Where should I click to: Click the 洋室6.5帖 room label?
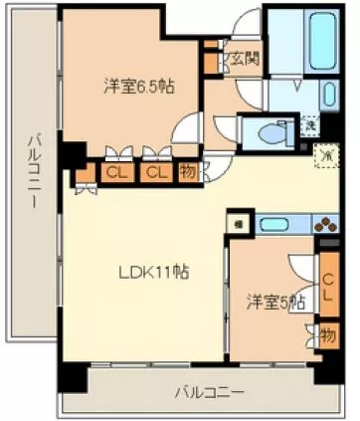(140, 86)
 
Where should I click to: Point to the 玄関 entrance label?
(245, 58)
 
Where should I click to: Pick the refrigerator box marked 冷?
(325, 155)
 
